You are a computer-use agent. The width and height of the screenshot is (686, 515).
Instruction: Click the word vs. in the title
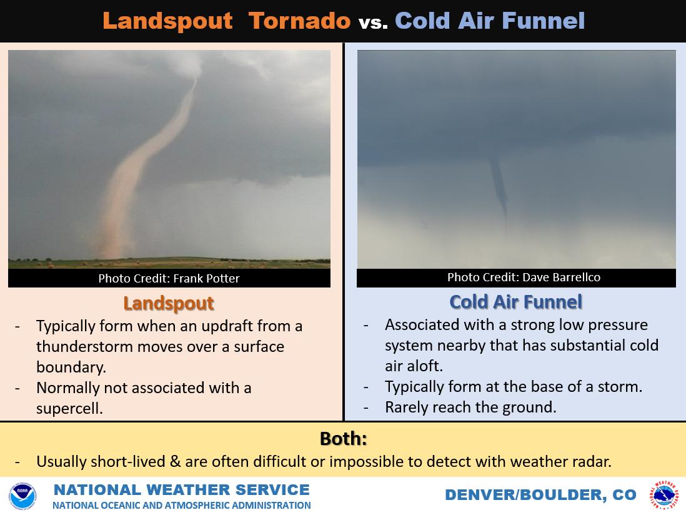pyautogui.click(x=373, y=22)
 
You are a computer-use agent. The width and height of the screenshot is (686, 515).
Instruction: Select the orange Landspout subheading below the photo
pyautogui.click(x=168, y=303)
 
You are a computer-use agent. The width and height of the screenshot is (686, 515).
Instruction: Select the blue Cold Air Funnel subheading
pyautogui.click(x=515, y=302)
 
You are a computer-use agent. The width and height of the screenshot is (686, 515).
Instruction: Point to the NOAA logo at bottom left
pyautogui.click(x=22, y=496)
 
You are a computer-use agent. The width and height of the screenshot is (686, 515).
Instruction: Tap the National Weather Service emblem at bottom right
pyautogui.click(x=664, y=496)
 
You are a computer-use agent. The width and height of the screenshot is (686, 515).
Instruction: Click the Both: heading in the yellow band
pyautogui.click(x=343, y=439)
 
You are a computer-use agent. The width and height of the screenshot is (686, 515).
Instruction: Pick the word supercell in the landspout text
pyautogui.click(x=69, y=408)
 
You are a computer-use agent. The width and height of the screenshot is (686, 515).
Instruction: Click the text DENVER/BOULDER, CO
pyautogui.click(x=540, y=495)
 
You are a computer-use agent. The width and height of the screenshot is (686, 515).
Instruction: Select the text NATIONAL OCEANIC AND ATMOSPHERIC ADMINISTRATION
pyautogui.click(x=181, y=505)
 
